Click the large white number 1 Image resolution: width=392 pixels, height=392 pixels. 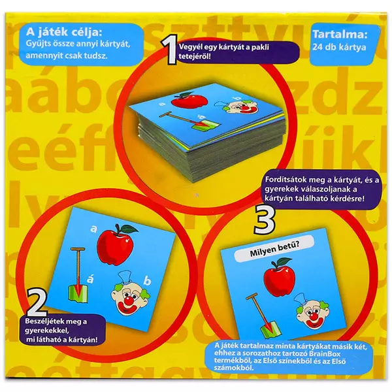(x=171, y=50)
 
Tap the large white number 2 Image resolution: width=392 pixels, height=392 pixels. (x=37, y=303)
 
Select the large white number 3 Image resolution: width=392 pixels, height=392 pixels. (x=265, y=220)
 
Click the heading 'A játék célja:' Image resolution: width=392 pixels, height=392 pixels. (x=64, y=32)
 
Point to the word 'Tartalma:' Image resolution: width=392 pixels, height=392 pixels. (x=340, y=35)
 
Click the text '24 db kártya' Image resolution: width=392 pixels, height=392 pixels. (x=339, y=47)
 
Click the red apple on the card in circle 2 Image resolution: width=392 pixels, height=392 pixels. (x=116, y=243)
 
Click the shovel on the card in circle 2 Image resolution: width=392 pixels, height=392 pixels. (x=78, y=276)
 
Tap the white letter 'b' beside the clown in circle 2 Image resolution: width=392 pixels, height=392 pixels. (x=147, y=281)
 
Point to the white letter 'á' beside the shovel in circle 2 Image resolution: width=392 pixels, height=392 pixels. (x=90, y=279)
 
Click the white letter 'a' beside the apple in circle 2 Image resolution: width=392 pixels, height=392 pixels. (x=93, y=229)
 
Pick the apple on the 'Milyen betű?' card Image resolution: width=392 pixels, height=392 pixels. (x=279, y=277)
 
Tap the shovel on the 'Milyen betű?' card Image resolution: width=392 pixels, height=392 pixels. (x=263, y=317)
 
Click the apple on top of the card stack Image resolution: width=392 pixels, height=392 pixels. (x=189, y=99)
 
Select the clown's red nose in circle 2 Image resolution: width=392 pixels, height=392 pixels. (x=129, y=299)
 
